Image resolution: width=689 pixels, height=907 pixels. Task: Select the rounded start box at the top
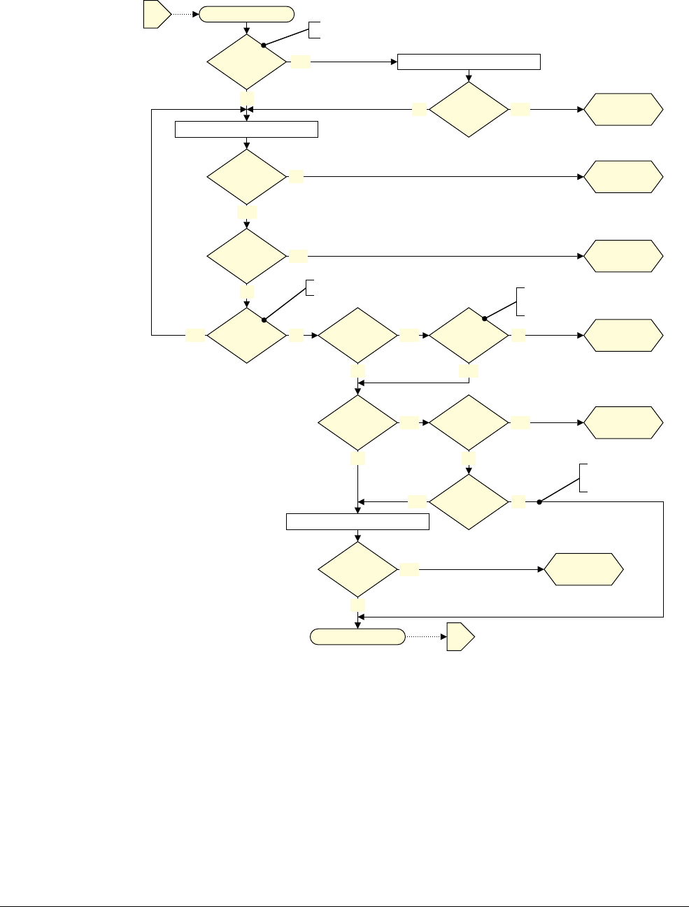246,15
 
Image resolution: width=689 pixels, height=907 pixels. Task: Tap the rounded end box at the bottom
357,636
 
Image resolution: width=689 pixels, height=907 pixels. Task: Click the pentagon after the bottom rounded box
460,636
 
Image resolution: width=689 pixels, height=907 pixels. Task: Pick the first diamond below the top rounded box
247,62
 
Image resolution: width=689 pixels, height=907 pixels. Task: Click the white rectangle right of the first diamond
469,62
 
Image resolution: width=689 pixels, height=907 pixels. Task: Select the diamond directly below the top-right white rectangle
469,110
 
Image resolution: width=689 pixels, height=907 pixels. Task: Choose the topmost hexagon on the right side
623,109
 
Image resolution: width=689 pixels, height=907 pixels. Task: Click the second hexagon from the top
623,177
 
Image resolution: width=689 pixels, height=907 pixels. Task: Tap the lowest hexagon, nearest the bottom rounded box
583,570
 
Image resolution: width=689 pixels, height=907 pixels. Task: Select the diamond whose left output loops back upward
247,336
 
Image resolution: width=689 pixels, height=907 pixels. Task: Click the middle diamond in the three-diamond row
357,336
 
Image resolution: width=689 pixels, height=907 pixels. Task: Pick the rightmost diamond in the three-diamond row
469,336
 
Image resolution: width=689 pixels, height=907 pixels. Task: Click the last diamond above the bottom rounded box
357,570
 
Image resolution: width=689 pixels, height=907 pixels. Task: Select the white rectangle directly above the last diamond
357,521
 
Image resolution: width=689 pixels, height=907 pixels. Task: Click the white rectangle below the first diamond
246,129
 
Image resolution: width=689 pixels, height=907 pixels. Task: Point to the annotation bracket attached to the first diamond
315,29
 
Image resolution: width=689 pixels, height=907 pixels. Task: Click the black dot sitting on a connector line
539,501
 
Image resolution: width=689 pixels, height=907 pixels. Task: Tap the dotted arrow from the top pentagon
185,15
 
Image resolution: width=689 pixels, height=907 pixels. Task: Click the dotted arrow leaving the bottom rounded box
425,636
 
